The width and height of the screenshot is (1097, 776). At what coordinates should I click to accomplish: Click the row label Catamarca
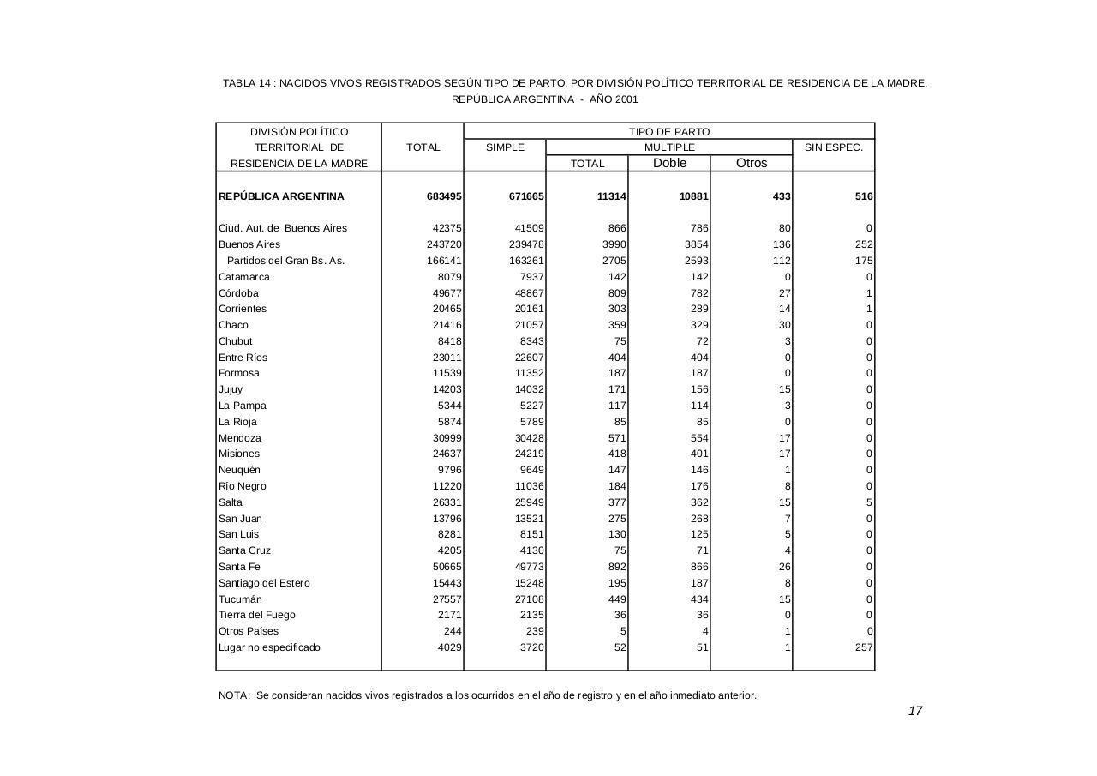click(x=244, y=277)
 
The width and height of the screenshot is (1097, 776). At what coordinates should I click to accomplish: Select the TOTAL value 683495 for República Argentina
click(x=444, y=196)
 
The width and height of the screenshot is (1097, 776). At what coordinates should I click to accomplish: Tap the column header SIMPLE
click(x=505, y=147)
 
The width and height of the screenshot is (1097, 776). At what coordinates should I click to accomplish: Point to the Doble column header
click(x=669, y=163)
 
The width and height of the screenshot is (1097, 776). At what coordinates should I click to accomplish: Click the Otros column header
click(x=752, y=163)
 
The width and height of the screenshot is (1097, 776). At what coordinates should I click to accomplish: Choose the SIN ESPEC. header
click(x=834, y=147)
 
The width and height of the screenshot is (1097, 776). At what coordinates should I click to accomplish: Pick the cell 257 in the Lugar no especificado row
click(x=863, y=647)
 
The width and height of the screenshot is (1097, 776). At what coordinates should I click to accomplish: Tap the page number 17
click(x=915, y=711)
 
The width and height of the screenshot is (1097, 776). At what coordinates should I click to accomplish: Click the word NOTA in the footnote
click(x=234, y=695)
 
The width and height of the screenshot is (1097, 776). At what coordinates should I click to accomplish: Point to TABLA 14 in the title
click(x=247, y=83)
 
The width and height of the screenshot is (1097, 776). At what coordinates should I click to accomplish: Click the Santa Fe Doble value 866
click(x=698, y=567)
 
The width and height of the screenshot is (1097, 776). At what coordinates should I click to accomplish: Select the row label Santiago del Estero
click(x=264, y=583)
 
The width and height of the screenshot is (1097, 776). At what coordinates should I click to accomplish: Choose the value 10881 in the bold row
click(x=693, y=196)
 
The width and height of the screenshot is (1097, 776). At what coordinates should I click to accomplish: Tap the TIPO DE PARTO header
click(x=669, y=132)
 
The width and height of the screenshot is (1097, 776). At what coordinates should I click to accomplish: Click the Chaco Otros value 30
click(x=784, y=325)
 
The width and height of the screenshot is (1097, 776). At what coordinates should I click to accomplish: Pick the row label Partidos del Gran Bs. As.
click(x=285, y=261)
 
